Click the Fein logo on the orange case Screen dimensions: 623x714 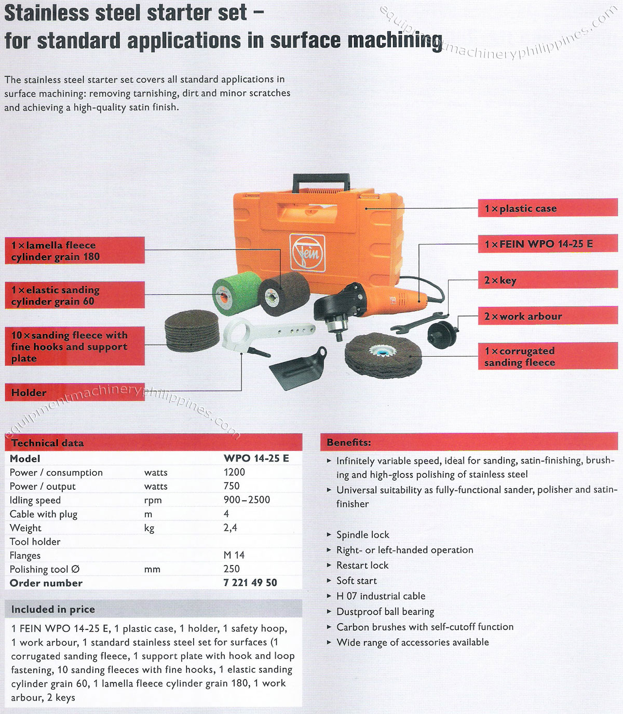[x=307, y=252]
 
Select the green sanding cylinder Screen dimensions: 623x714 [x=229, y=293]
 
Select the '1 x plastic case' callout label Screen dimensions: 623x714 [x=547, y=208]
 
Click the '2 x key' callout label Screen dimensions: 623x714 [x=547, y=280]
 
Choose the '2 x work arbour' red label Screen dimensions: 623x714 [x=547, y=316]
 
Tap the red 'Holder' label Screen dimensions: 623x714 [x=74, y=393]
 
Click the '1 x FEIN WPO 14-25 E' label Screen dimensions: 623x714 [x=547, y=244]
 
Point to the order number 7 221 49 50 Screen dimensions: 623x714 [x=250, y=583]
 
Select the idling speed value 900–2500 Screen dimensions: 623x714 [x=247, y=500]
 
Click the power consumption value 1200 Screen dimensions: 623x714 [x=234, y=472]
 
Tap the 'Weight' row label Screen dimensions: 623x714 [x=25, y=528]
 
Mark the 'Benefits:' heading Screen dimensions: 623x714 [x=349, y=442]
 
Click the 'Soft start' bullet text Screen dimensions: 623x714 [x=356, y=581]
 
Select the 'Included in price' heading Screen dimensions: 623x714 [x=53, y=609]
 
